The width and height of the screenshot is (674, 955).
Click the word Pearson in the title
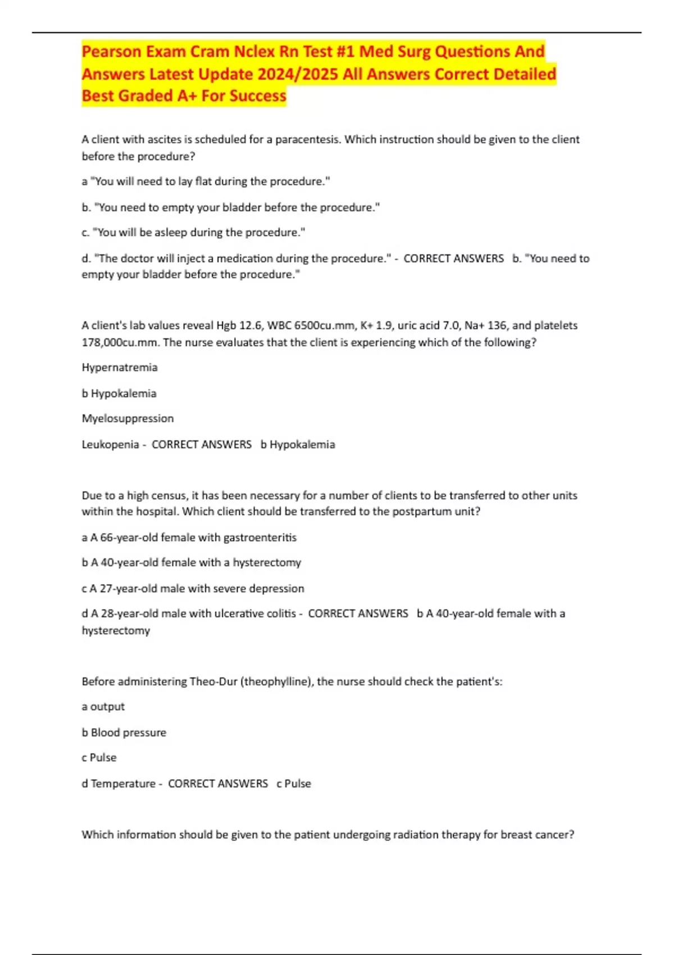tap(111, 52)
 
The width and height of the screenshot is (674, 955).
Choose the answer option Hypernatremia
tap(120, 367)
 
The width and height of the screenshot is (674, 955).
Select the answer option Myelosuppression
tap(127, 419)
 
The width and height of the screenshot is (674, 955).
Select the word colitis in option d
tap(280, 614)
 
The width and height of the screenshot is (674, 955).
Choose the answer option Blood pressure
tap(129, 733)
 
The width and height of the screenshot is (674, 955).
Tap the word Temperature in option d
tap(123, 784)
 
